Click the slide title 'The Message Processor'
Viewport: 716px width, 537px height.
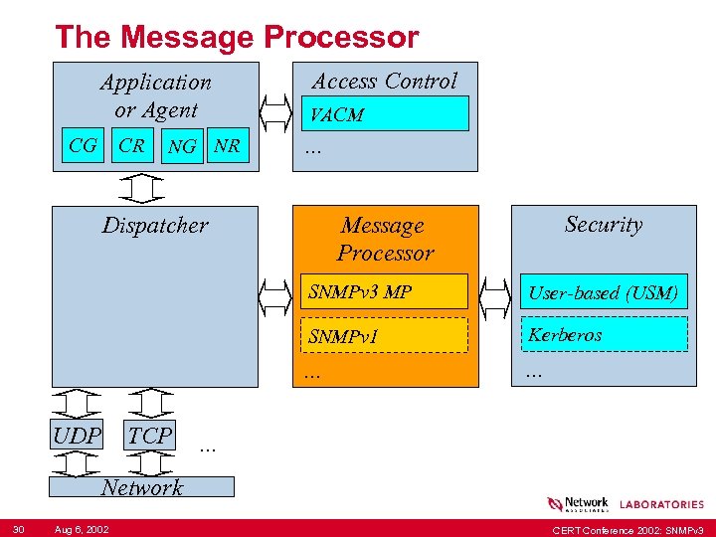(237, 38)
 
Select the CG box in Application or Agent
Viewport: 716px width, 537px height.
(83, 146)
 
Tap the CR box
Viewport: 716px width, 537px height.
(131, 146)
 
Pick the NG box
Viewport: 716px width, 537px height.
(182, 147)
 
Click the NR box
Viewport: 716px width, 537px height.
(228, 147)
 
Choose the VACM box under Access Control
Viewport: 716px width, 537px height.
(384, 114)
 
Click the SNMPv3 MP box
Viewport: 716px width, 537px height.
(384, 291)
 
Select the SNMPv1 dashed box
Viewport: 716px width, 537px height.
(384, 336)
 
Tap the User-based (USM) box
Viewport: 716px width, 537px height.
(603, 292)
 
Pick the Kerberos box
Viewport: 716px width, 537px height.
(603, 334)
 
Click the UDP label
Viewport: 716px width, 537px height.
(78, 436)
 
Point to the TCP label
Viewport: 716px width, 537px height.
(150, 436)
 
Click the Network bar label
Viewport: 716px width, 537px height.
(142, 487)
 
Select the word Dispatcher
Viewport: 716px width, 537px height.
(155, 226)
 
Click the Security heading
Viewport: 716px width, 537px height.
(603, 225)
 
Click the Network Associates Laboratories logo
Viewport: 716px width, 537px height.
(626, 504)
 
